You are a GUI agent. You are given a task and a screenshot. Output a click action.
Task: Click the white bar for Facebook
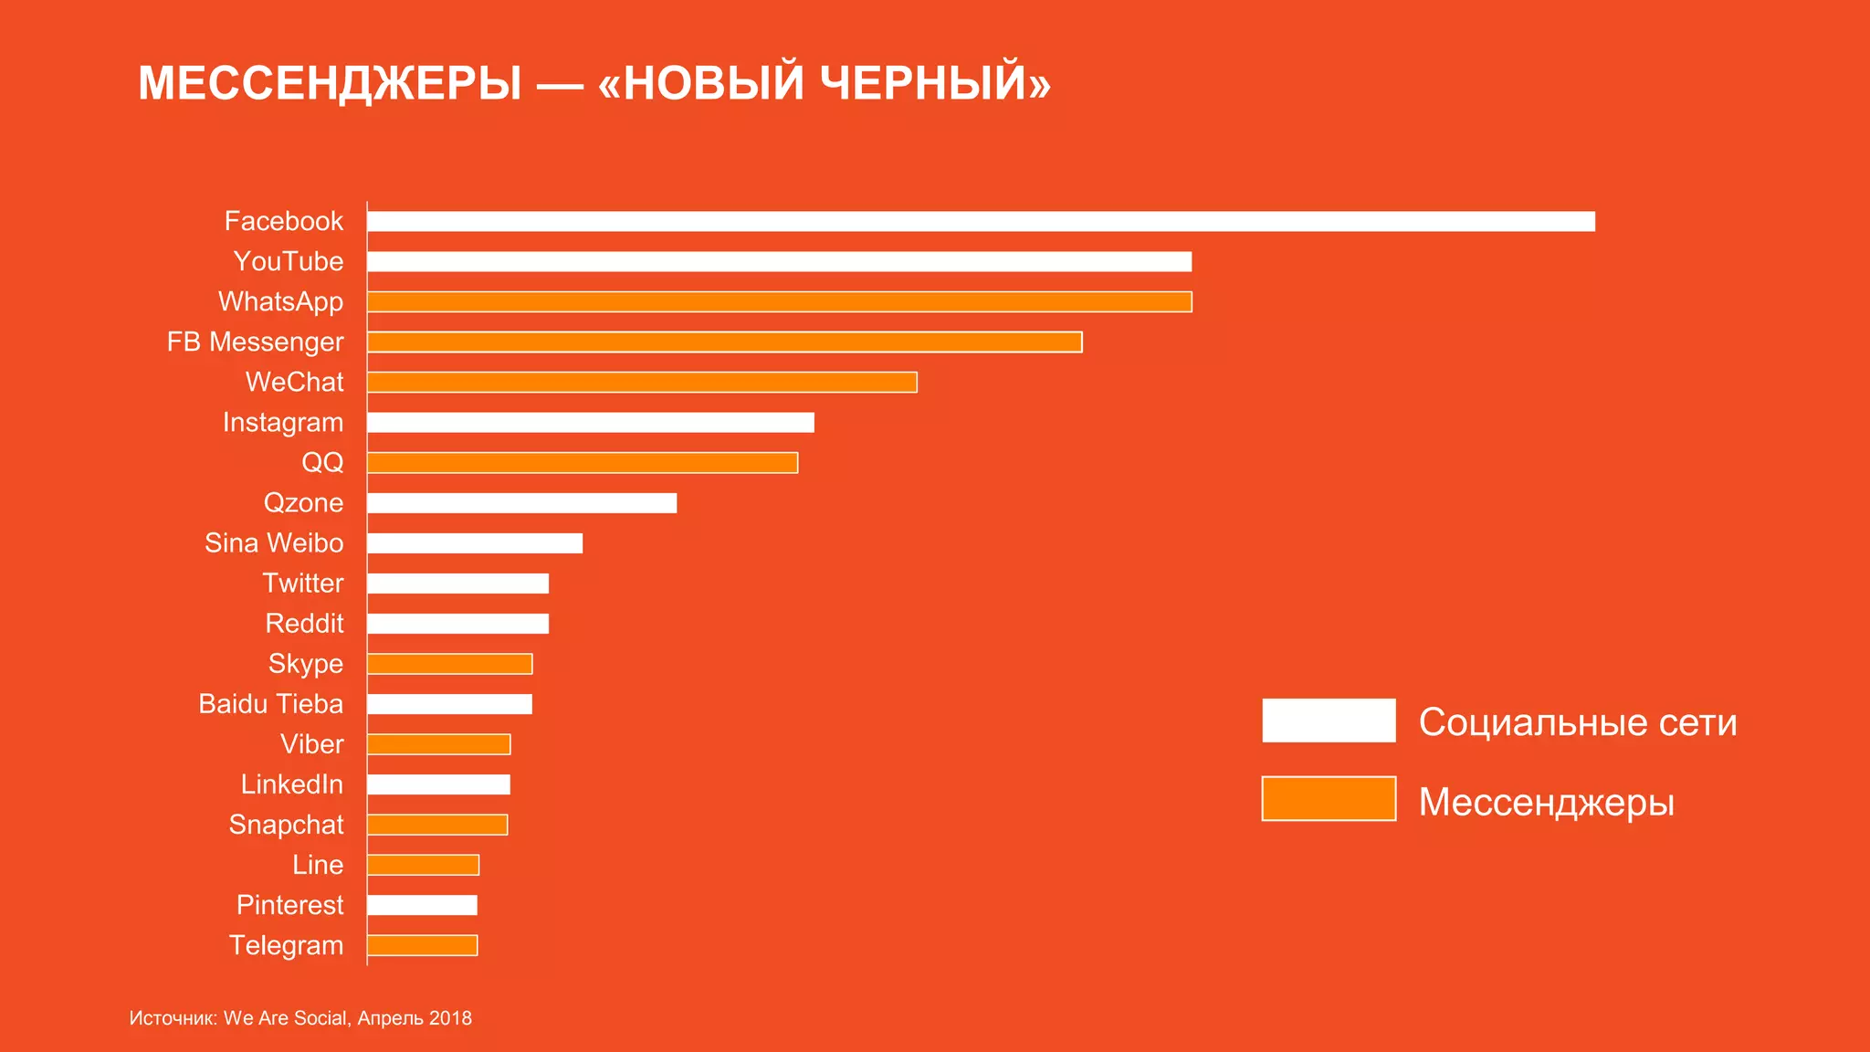coord(981,221)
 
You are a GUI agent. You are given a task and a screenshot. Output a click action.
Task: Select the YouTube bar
coord(779,261)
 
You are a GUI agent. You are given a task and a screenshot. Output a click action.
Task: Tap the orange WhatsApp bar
coord(779,301)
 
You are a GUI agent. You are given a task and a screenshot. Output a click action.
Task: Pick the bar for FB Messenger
coord(724,342)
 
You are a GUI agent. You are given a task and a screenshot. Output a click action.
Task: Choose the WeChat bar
coord(642,382)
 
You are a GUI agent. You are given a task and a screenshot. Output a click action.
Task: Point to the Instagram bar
coord(590,422)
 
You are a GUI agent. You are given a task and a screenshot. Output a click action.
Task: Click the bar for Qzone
coord(521,503)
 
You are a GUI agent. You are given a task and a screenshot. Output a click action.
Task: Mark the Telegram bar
coord(422,945)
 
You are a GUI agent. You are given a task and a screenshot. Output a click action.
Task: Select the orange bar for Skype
coord(449,664)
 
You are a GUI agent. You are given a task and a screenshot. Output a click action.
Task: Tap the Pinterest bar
coord(422,905)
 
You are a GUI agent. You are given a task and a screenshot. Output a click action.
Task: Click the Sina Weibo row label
coord(274,543)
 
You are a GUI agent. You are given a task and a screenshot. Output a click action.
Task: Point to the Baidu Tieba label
coord(271,704)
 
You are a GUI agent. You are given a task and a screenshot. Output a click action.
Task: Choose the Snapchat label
coord(286,825)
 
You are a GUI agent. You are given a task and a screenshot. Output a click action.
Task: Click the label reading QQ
coord(322,462)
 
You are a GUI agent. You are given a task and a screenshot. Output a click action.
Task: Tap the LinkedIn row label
coord(292,784)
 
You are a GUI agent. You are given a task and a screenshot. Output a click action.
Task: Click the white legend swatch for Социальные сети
coord(1329,721)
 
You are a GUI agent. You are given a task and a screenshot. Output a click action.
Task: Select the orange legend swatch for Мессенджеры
coord(1329,799)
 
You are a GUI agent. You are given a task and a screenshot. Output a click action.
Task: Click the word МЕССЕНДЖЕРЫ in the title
coord(330,83)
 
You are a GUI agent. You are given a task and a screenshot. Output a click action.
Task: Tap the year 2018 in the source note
coord(450,1018)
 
